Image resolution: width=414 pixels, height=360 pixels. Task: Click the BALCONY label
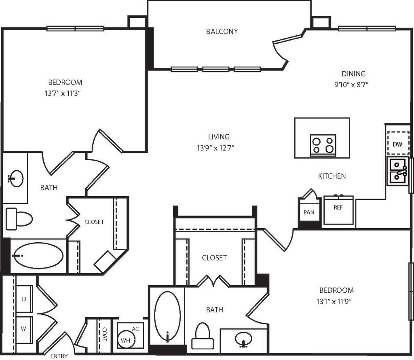[x=222, y=32]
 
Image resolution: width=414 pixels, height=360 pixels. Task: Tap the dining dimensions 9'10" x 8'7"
[x=351, y=85]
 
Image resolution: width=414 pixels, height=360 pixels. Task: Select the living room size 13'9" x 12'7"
[x=215, y=148]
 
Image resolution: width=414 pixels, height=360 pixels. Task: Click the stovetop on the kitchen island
[x=323, y=145]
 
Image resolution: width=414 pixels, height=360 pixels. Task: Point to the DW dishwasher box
[x=397, y=144]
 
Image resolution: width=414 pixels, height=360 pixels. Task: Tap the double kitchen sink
[x=398, y=172]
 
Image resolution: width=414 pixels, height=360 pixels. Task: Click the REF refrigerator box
[x=338, y=210]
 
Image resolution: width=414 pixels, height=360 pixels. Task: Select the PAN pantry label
[x=308, y=212]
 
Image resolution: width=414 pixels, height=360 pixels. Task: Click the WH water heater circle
[x=126, y=340]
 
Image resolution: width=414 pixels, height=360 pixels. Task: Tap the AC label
[x=135, y=329]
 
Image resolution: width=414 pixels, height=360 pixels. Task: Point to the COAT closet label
[x=105, y=334]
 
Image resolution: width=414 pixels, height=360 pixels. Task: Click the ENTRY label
[x=59, y=356]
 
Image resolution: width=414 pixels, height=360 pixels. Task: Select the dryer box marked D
[x=24, y=299]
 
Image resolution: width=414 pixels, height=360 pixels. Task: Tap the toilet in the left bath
[x=19, y=219]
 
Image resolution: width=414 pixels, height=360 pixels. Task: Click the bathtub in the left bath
[x=38, y=256]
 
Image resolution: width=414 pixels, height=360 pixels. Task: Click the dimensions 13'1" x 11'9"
[x=335, y=301]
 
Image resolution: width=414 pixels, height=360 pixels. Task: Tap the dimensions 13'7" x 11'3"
[x=63, y=93]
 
